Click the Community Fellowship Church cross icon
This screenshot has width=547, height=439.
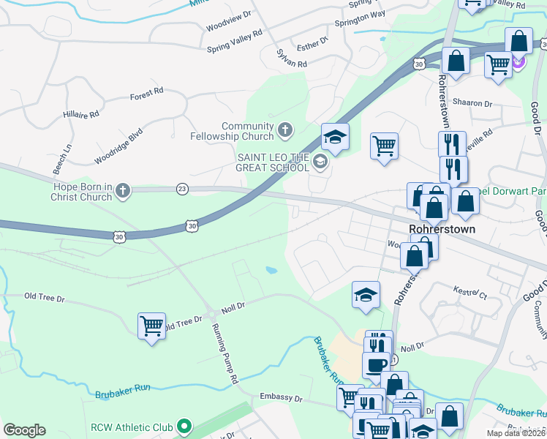point(285,132)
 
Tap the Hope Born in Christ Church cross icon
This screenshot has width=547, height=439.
point(123,192)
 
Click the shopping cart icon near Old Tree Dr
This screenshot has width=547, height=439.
point(151,326)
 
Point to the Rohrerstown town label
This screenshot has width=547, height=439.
point(443,229)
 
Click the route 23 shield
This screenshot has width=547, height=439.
point(182,189)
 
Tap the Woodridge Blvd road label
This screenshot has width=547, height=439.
point(118,146)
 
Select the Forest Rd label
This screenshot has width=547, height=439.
point(146,94)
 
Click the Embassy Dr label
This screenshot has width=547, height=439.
point(281,397)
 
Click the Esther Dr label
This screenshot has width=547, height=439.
point(312,46)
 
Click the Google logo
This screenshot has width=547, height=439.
point(24,430)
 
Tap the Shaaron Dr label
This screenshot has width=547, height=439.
point(472,103)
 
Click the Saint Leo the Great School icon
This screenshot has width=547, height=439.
point(320,161)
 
